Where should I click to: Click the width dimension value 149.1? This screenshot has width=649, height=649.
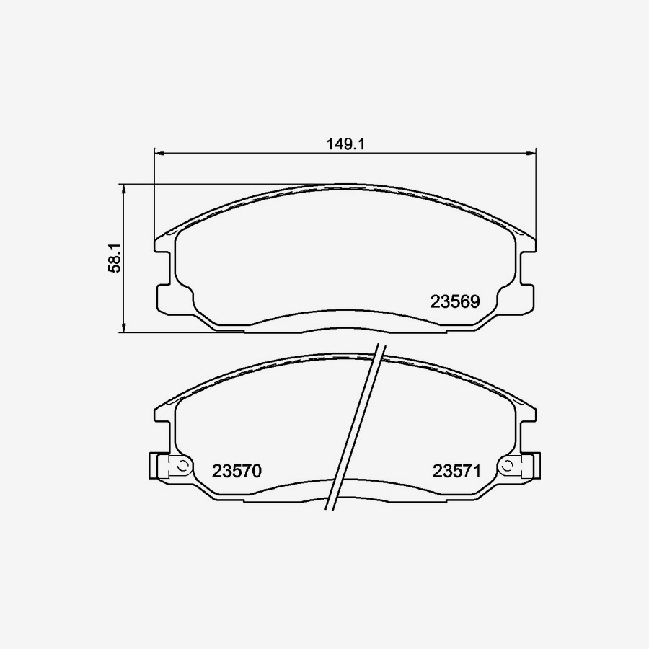(344, 144)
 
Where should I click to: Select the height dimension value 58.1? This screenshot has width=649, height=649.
(114, 257)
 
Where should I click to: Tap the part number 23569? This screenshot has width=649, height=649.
(454, 301)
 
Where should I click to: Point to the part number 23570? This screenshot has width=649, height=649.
(236, 471)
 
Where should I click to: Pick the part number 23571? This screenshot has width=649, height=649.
(456, 471)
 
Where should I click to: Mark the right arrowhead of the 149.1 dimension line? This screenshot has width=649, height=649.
(530, 154)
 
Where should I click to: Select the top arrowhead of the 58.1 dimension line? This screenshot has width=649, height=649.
(124, 189)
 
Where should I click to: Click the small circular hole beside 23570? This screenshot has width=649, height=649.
(182, 465)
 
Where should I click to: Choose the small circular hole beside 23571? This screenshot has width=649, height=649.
(508, 465)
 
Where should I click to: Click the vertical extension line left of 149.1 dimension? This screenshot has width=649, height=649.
(155, 195)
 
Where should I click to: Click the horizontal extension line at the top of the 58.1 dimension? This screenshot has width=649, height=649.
(216, 184)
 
